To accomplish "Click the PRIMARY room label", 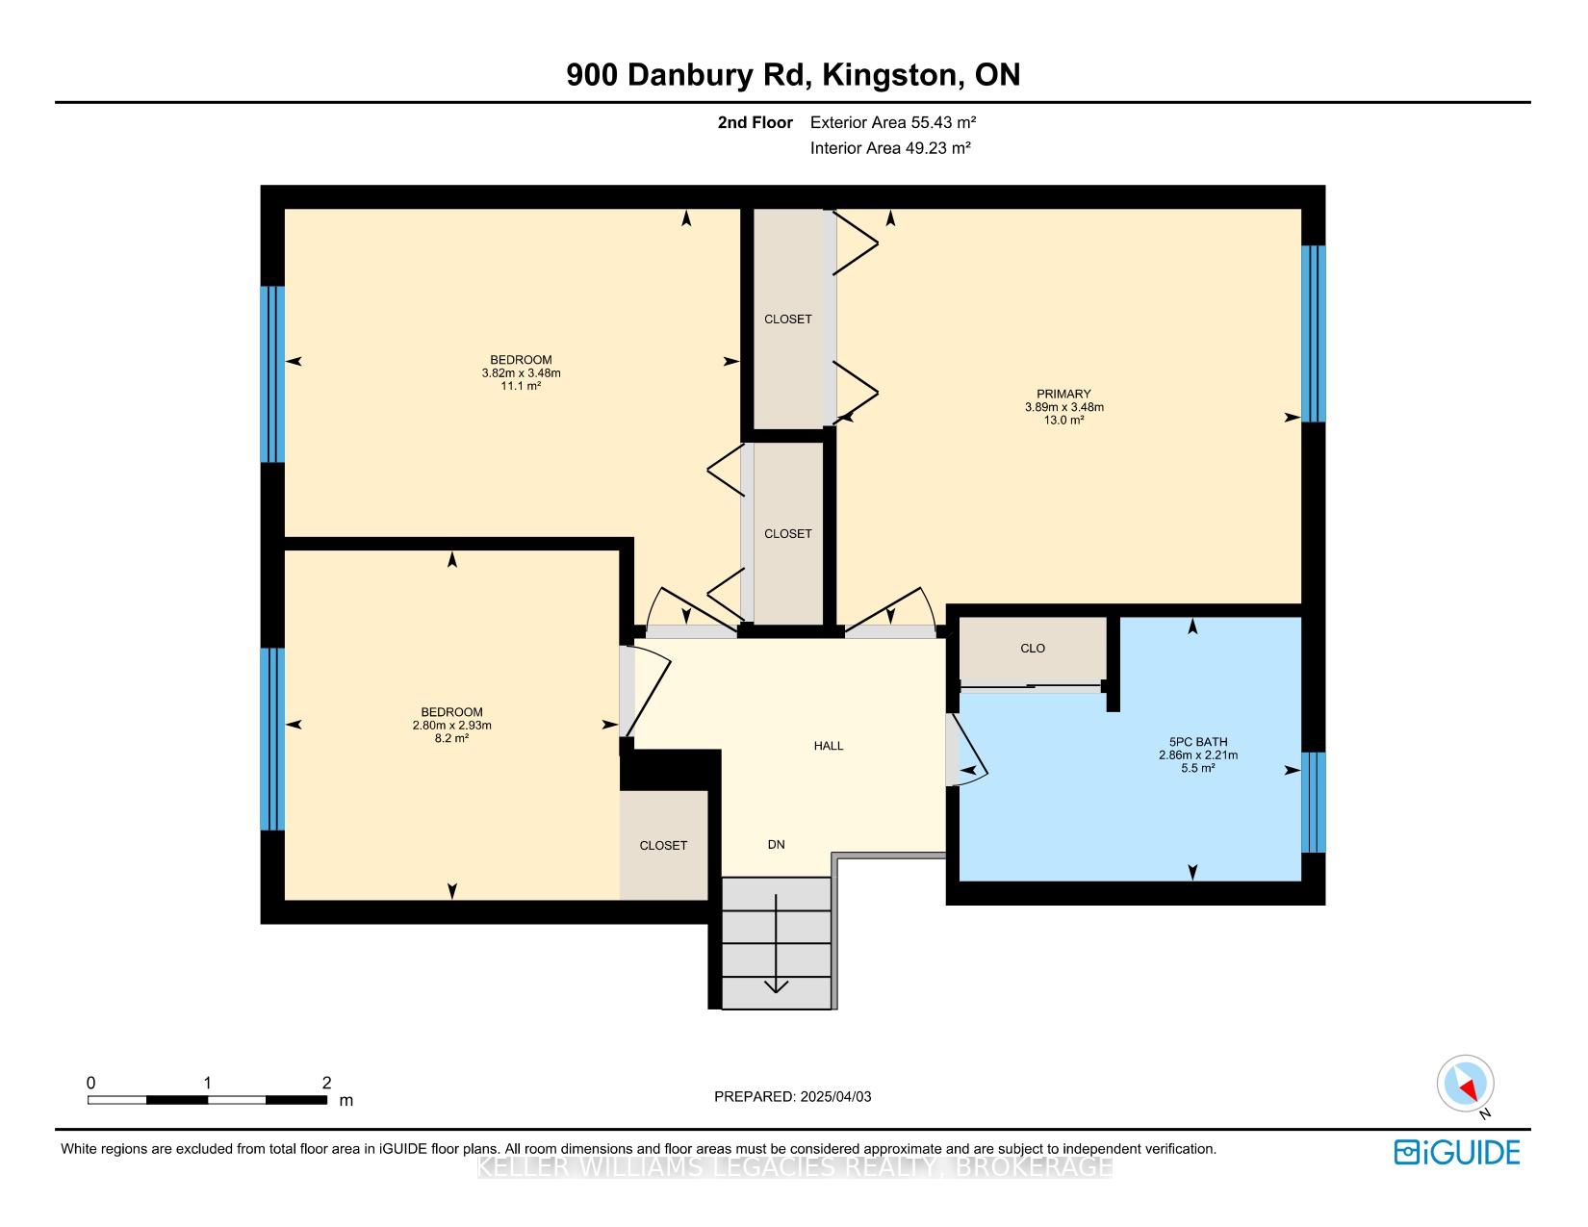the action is click(1063, 394).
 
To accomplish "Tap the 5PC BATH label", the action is click(1198, 742).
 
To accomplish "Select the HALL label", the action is click(829, 746).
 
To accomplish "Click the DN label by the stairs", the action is click(776, 844).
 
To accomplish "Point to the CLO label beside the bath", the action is click(1033, 649).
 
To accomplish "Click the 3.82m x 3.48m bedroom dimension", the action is click(521, 372).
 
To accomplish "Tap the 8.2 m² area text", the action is click(451, 738).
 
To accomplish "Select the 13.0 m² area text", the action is click(1063, 421).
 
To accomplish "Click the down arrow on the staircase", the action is click(776, 943).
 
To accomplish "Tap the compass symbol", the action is click(1465, 1083).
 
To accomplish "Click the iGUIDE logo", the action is click(1456, 1152).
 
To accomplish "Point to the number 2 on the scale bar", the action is click(326, 1083).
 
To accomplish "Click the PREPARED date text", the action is click(793, 1096).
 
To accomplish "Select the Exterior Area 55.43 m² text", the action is click(893, 122).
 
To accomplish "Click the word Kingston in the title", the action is click(889, 75).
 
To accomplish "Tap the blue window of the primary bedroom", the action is click(1313, 333).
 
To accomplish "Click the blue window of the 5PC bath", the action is click(1313, 803).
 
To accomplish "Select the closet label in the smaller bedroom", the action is click(663, 846).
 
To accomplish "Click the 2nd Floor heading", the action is click(755, 122).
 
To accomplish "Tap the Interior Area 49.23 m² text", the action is click(890, 147).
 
